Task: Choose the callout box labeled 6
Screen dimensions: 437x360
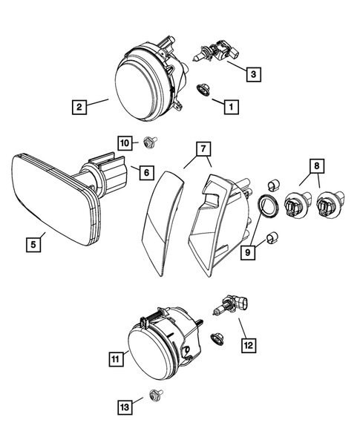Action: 145,173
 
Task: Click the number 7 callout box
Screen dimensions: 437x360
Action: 201,151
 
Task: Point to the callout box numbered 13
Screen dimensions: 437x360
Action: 125,406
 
